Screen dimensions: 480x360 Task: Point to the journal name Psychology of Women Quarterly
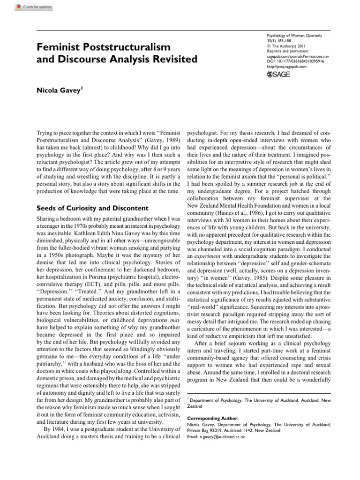coord(297,36)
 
